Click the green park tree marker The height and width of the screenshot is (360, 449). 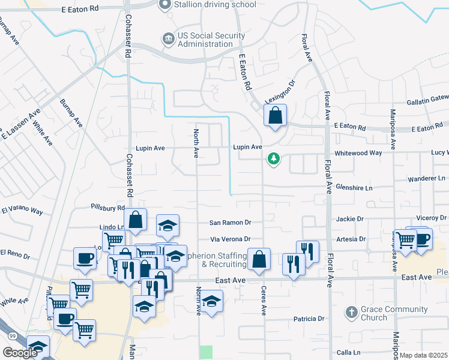[274, 159]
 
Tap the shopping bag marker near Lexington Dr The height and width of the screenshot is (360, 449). [275, 116]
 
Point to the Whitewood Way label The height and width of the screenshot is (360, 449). [359, 153]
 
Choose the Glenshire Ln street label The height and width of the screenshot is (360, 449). [354, 188]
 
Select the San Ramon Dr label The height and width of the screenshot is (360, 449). [230, 223]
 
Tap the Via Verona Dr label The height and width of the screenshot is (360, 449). [230, 239]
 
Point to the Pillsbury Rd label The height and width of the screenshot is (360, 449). [107, 208]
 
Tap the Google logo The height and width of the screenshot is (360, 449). [20, 353]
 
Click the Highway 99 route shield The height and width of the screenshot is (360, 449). [5, 335]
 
